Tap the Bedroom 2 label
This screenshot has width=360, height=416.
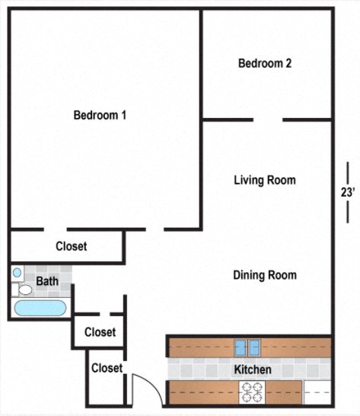tap(265, 64)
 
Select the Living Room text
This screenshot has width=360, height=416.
tap(264, 181)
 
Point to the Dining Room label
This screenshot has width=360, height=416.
tap(264, 275)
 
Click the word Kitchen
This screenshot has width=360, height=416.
tap(252, 370)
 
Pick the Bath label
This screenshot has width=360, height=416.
tap(47, 281)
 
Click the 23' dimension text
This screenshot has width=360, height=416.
tap(348, 193)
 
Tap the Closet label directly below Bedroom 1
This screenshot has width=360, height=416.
tap(71, 246)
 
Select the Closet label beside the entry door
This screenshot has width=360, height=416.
tap(107, 368)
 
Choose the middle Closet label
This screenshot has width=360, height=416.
tap(100, 332)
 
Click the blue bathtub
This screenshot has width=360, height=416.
tap(40, 309)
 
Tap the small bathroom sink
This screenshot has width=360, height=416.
tap(18, 272)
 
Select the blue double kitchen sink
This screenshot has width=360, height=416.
tap(249, 347)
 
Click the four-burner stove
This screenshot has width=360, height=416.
tap(251, 392)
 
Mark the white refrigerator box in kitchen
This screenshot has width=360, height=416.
tap(317, 392)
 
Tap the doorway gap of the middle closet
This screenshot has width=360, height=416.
tap(105, 313)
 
